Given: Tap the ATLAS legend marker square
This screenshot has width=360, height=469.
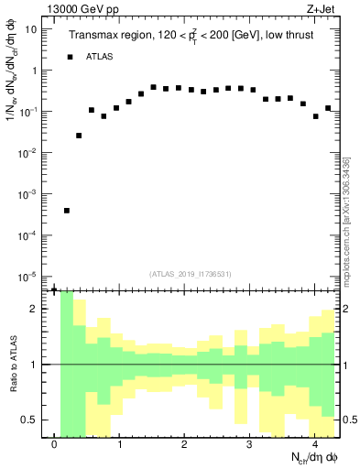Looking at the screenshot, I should tap(70, 57).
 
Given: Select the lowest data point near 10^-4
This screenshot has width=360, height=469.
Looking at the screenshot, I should tap(67, 211).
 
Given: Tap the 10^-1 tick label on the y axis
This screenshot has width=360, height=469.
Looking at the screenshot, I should tap(28, 112).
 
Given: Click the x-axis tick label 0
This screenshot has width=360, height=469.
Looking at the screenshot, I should tap(55, 446).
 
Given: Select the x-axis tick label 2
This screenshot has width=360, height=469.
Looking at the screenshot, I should tap(185, 446).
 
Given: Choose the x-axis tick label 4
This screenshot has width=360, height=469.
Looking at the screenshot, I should tap(314, 446).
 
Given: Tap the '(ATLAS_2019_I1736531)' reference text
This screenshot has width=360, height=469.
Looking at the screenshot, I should tap(191, 273).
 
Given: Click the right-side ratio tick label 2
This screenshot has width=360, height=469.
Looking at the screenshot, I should tap(346, 309).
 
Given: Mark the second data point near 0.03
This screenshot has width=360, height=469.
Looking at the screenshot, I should tap(79, 136).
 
